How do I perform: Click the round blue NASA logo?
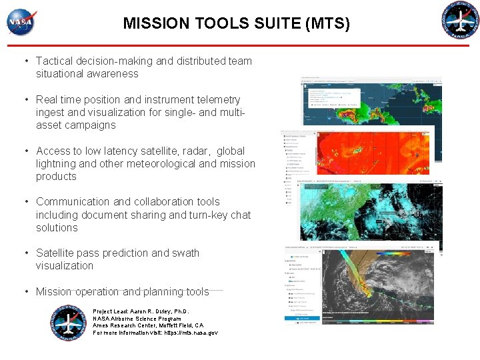(x=21, y=22)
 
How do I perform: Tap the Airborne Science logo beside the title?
(x=461, y=21)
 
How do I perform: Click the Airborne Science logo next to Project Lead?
(x=69, y=323)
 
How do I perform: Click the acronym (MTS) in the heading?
(x=327, y=24)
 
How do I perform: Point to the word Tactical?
(x=56, y=61)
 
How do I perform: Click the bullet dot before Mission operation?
(x=26, y=291)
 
